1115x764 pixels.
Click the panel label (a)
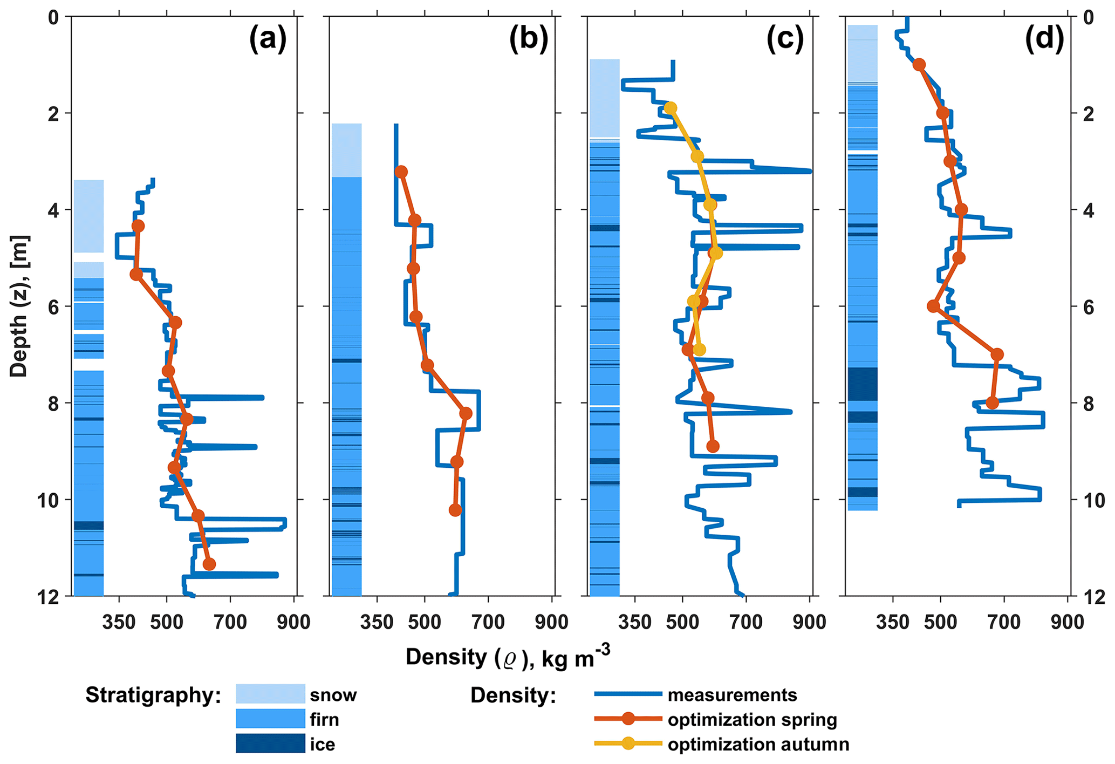coord(268,40)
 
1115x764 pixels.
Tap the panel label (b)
coord(528,40)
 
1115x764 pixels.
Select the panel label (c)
coord(785,40)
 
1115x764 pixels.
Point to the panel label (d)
coord(1044,40)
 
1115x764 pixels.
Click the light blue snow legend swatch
coord(270,694)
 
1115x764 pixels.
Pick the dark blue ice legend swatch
coord(270,743)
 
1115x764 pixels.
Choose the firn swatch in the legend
coord(270,719)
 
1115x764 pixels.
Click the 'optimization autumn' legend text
coord(758,745)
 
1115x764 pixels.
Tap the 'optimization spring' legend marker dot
coord(628,719)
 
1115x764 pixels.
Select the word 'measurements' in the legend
coord(732,695)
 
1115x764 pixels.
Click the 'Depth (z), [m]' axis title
coord(19,306)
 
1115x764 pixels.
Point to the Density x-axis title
coord(508,657)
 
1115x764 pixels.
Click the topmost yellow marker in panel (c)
coord(671,108)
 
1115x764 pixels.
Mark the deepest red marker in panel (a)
coord(209,564)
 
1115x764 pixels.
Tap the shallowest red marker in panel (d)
coord(919,65)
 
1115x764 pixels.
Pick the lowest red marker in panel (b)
coord(455,510)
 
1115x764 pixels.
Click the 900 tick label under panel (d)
coord(1068,622)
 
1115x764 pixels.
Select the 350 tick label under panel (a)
coord(119,622)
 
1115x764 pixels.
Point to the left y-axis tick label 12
coord(53,597)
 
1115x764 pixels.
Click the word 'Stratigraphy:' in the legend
coord(153,695)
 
